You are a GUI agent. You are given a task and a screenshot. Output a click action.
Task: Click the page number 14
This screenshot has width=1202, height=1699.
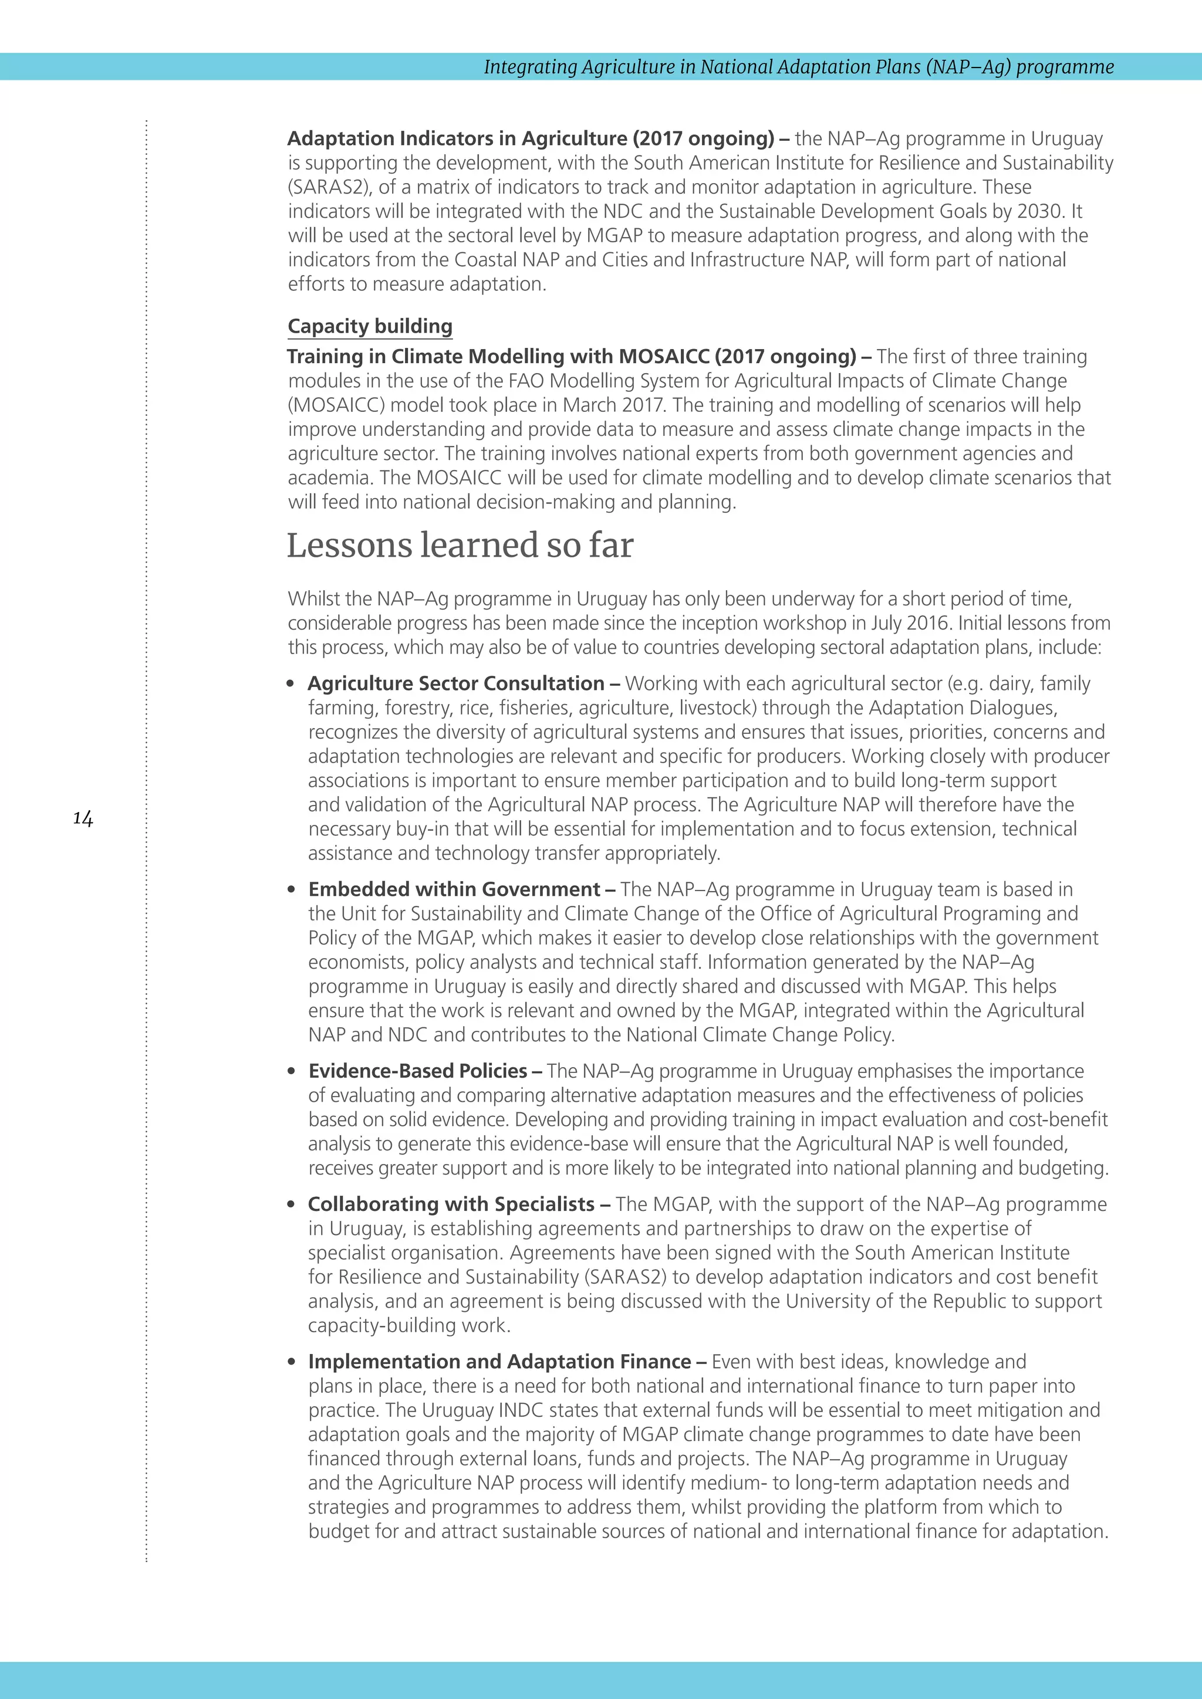pyautogui.click(x=83, y=818)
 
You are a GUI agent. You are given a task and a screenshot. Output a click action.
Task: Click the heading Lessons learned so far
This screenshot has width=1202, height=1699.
pyautogui.click(x=460, y=546)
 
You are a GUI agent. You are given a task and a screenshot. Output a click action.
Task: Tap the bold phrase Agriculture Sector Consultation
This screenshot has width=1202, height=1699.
pyautogui.click(x=456, y=683)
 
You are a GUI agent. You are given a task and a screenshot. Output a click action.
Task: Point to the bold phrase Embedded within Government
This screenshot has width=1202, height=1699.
pyautogui.click(x=454, y=889)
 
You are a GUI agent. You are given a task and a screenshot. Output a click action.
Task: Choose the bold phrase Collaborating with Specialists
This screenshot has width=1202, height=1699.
pyautogui.click(x=451, y=1204)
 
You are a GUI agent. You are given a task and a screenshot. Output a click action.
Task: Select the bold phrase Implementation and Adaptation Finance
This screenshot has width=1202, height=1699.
pyautogui.click(x=499, y=1362)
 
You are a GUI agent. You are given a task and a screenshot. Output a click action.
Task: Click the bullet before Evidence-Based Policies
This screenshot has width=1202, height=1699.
pyautogui.click(x=292, y=1071)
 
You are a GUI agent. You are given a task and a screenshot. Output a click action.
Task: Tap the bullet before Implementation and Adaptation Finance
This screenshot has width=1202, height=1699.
pyautogui.click(x=292, y=1362)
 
